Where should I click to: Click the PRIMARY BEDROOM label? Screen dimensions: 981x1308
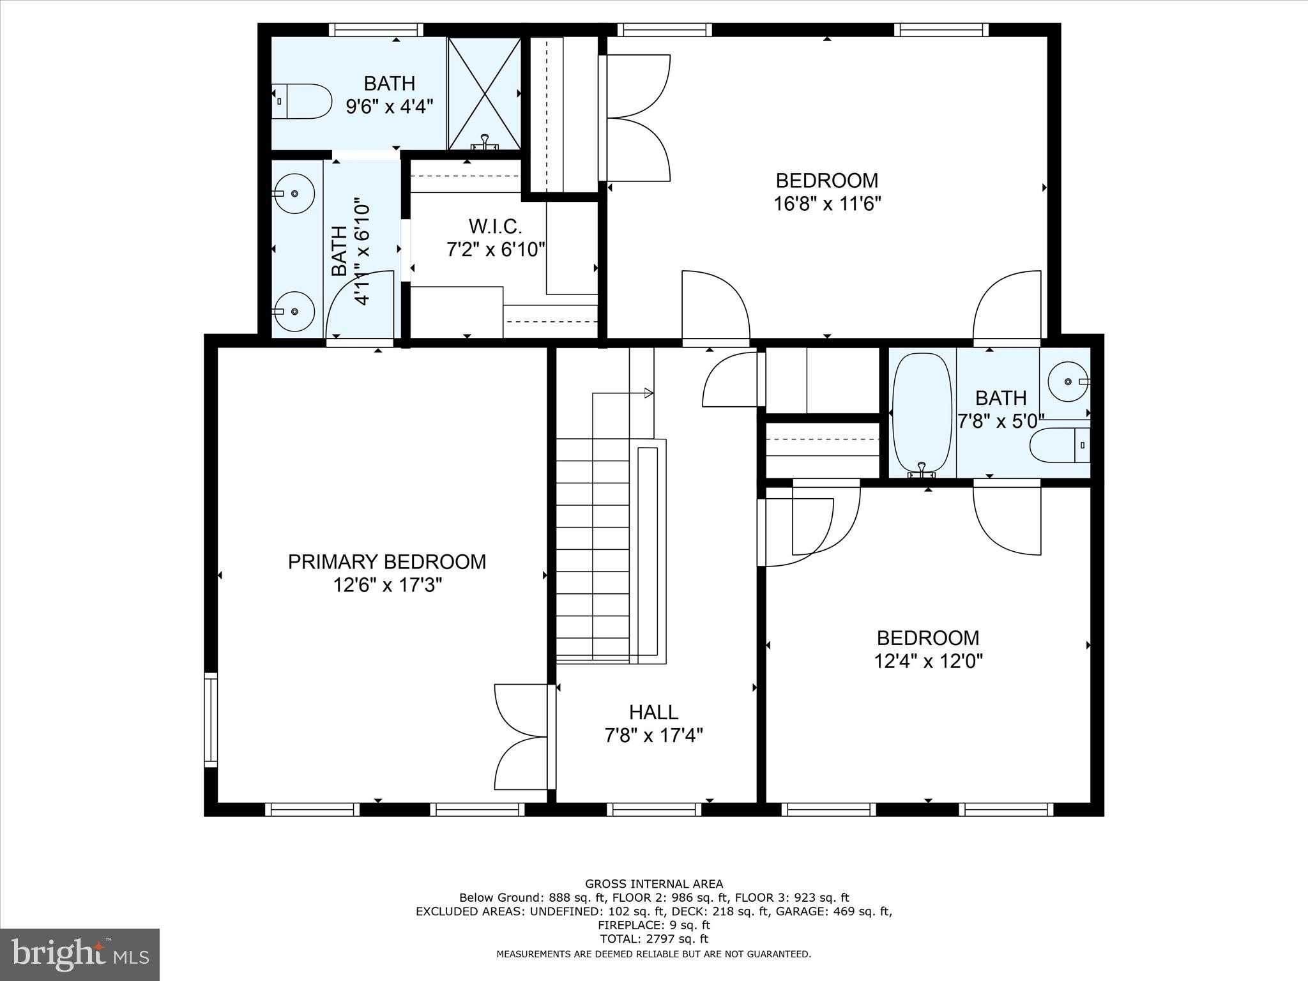point(386,562)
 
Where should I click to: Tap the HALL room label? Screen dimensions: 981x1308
point(653,712)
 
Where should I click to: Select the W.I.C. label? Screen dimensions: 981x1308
point(495,226)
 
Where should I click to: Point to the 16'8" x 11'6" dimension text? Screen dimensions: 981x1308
point(827,204)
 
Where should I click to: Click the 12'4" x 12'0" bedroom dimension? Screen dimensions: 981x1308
point(927,660)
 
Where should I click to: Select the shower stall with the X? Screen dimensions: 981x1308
point(484,93)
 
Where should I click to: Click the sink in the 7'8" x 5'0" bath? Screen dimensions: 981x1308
point(1068,381)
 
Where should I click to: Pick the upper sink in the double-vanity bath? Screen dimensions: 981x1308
point(293,193)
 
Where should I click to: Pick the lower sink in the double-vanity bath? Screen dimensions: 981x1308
point(293,311)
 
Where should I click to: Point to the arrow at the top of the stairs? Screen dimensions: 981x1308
point(648,393)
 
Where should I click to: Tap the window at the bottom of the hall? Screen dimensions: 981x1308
point(653,810)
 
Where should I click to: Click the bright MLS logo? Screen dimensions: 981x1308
point(80,954)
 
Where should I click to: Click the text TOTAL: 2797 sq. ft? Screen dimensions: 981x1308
point(653,938)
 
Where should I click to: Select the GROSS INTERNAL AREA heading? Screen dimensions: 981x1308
point(653,883)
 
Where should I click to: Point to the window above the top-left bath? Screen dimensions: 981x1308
point(376,30)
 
